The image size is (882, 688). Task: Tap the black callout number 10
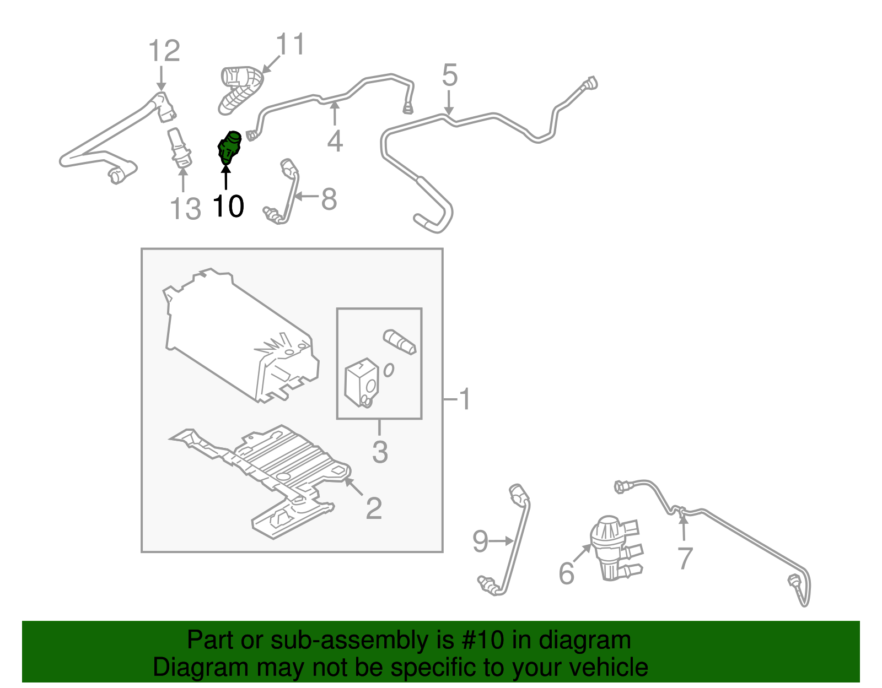coord(228,207)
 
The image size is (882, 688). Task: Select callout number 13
coord(185,209)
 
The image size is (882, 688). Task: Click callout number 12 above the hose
coord(164,51)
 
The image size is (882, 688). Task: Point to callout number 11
coord(291,44)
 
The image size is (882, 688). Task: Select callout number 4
coord(335,142)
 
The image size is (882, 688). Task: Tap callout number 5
coord(450,75)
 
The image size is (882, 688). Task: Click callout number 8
coord(329,199)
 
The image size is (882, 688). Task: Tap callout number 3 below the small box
coord(380,452)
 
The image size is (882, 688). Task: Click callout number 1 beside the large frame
coord(465,399)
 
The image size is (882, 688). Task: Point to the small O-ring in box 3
coord(389,370)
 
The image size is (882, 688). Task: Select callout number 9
coord(480,542)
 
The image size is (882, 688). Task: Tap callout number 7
coord(685,558)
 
